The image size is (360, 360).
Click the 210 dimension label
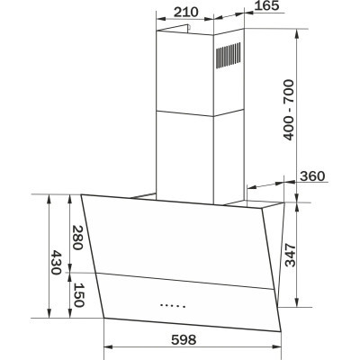tap(186, 12)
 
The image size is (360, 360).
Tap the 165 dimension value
tap(266, 5)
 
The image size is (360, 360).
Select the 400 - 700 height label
tap(289, 110)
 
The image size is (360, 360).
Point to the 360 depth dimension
tap(312, 176)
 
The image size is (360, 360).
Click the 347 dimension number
tap(290, 256)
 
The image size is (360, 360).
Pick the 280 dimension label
tap(77, 238)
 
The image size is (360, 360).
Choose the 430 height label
tap(56, 263)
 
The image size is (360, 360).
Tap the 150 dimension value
tap(78, 295)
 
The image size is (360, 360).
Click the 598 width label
tap(184, 339)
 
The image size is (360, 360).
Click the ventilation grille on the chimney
tap(229, 56)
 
